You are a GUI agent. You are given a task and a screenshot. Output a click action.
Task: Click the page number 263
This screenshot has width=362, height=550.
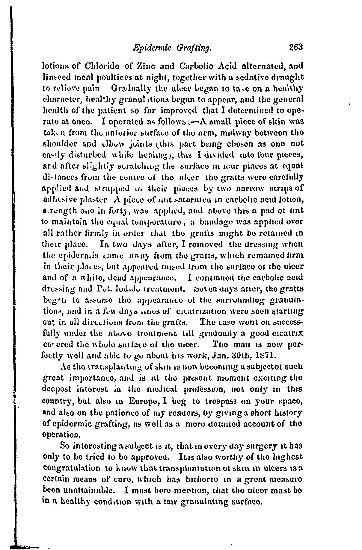[296, 47]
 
